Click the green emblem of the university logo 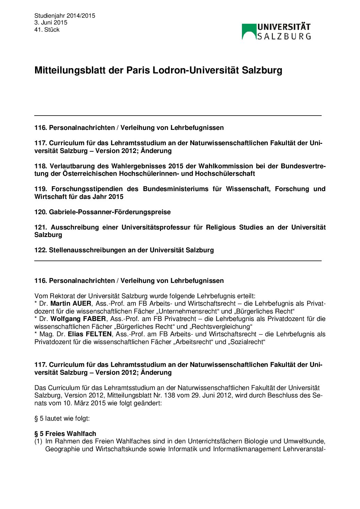(249, 31)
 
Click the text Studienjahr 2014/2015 (65, 16)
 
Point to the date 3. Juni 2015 (51, 22)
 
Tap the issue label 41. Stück (47, 30)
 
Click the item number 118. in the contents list (40, 166)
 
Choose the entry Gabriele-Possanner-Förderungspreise (110, 212)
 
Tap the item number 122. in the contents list (40, 250)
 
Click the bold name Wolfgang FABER (78, 319)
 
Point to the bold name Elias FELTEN (89, 334)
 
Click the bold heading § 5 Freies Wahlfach (65, 434)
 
